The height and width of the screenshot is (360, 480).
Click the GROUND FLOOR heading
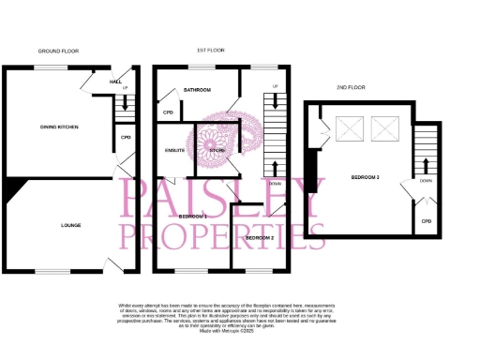[57, 50]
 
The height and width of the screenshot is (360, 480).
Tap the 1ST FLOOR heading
[207, 50]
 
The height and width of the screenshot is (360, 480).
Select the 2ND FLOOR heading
[350, 87]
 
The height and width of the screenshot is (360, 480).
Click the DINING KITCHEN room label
[58, 127]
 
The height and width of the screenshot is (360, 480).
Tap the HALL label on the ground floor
[115, 82]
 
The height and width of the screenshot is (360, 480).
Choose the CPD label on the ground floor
[126, 138]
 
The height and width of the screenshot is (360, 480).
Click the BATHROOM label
[196, 90]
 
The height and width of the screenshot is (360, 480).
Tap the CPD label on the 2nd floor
[426, 221]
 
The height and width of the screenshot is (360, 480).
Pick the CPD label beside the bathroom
[169, 112]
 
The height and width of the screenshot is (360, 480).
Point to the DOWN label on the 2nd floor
[426, 180]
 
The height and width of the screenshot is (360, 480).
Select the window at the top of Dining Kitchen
[49, 67]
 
